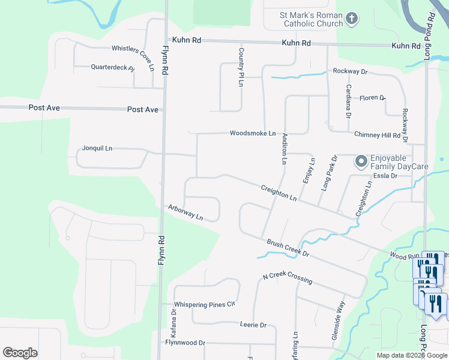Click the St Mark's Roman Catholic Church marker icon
[352, 19]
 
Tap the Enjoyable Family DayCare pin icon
[361, 161]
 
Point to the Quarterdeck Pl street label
[112, 68]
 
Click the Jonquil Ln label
[97, 148]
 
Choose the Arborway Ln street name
[185, 212]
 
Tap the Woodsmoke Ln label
[253, 133]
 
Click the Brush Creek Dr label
[288, 247]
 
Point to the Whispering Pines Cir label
[203, 305]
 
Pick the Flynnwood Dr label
[185, 343]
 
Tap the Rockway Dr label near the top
[350, 71]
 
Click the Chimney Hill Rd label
[377, 135]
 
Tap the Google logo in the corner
[20, 353]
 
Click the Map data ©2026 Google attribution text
[412, 355]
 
